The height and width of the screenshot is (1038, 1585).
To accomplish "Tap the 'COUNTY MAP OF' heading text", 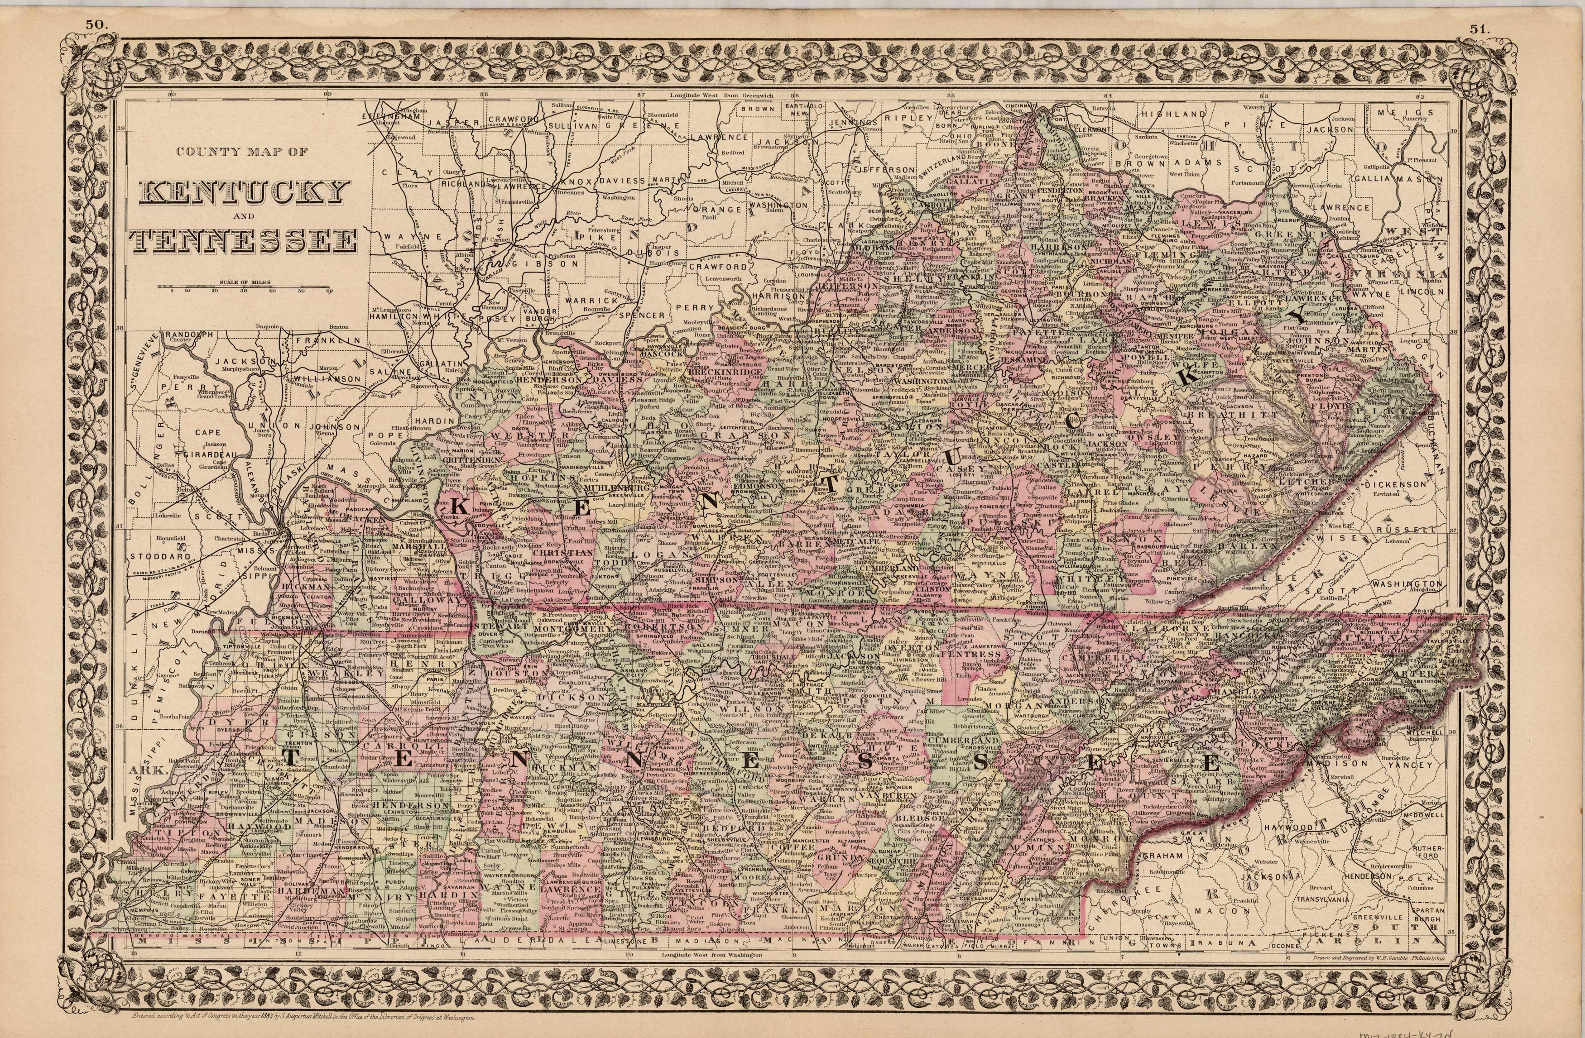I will pos(242,152).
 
